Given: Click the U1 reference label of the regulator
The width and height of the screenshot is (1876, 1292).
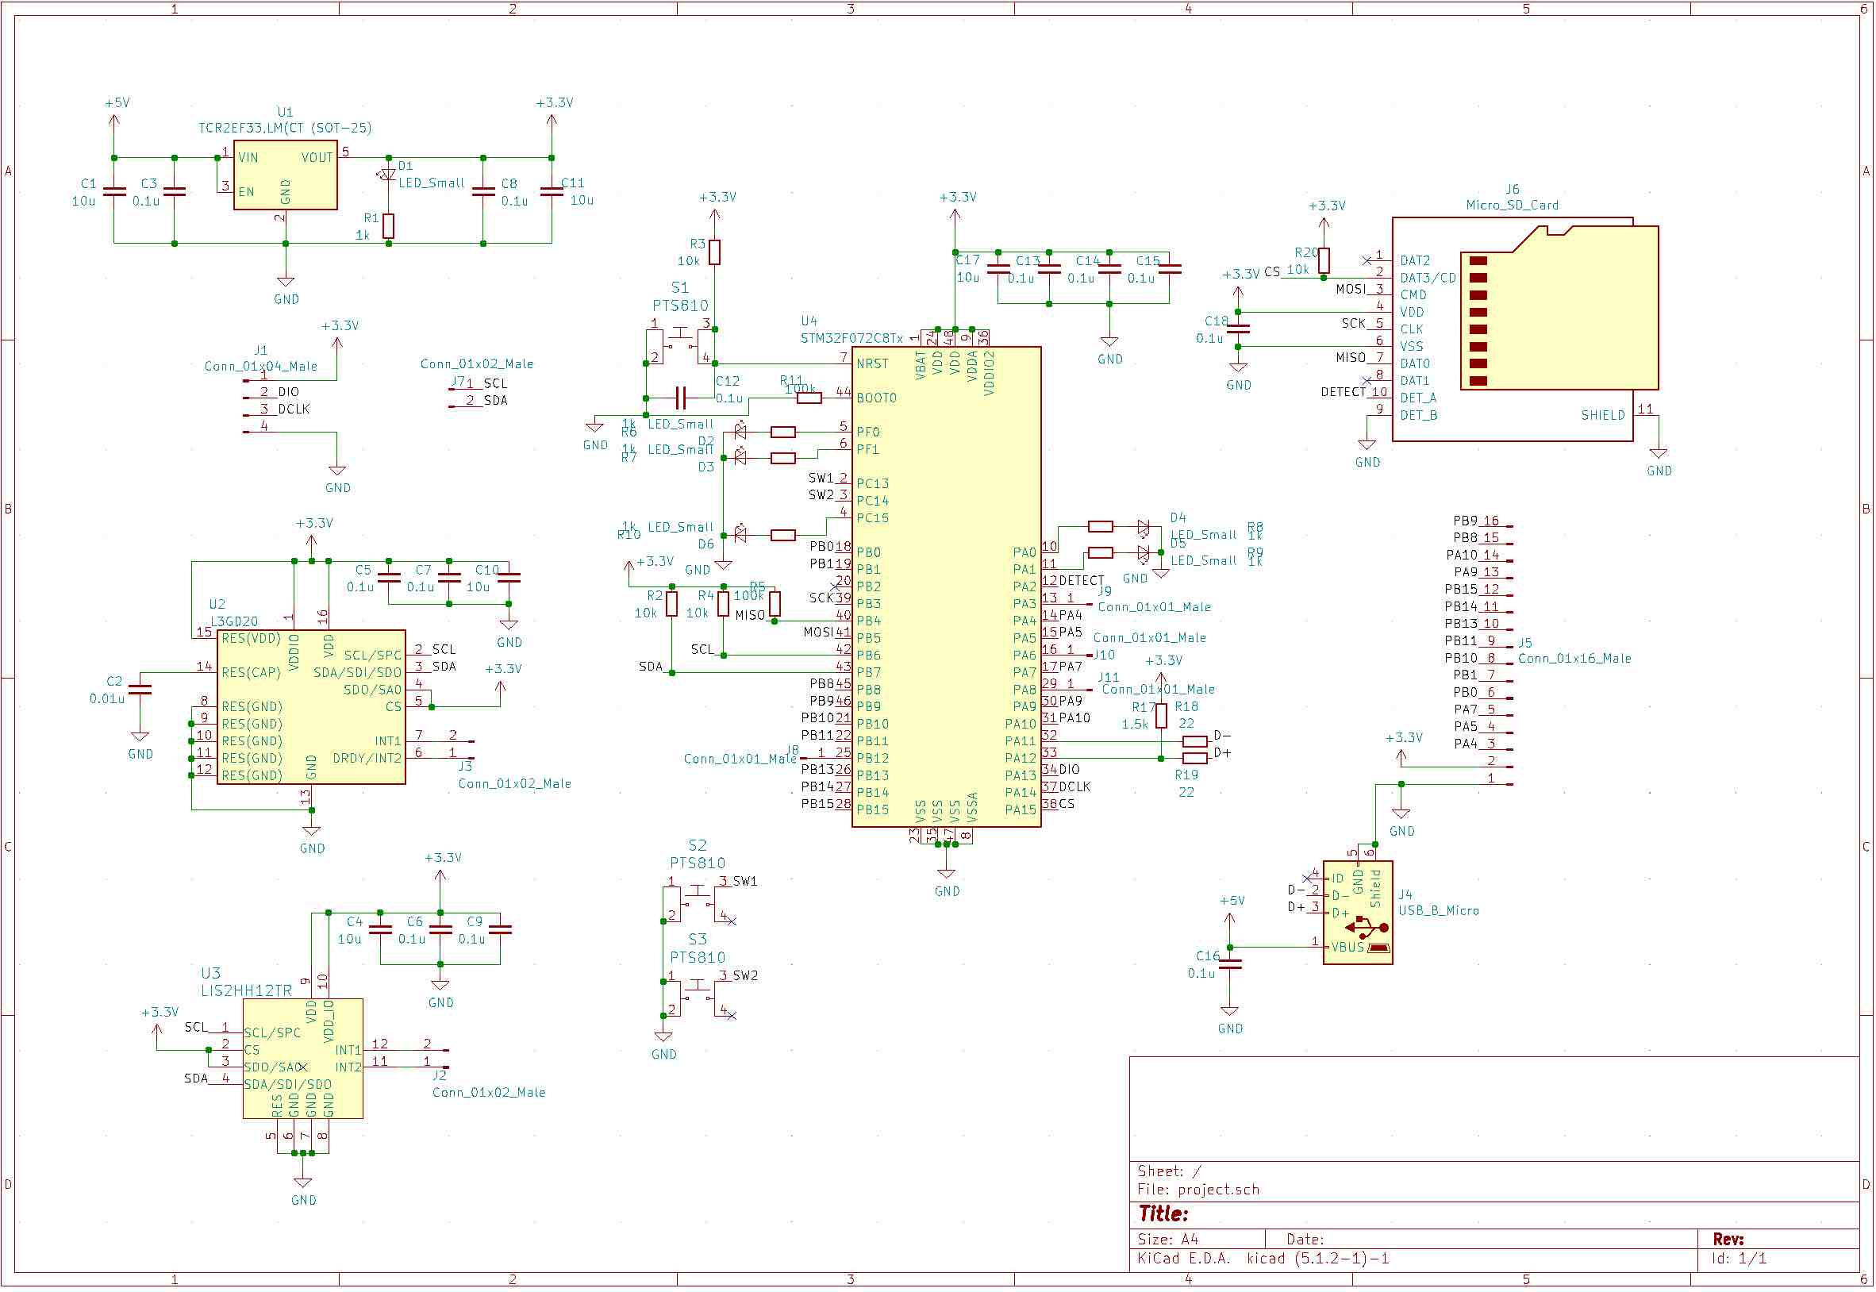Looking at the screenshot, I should pos(285,112).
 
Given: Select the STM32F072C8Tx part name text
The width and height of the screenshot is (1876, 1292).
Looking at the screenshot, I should pos(852,338).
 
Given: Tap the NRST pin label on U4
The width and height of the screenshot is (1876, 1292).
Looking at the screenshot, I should pos(871,364).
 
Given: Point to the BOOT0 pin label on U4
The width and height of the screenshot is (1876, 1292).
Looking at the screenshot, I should pos(876,398).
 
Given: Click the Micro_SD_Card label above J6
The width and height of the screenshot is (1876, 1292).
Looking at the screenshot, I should pos(1512,206).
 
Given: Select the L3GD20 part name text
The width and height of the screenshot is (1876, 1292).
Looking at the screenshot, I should pos(234,621).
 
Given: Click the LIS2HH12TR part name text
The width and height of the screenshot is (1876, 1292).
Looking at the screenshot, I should pos(246,991).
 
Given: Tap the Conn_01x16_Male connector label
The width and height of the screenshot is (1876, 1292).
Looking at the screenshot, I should pos(1574,659).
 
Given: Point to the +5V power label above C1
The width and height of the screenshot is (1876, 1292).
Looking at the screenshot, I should pos(117,103).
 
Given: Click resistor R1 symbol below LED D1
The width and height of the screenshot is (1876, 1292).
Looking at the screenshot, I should pos(389,226).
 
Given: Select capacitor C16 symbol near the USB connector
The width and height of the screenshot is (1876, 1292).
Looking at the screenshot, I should pos(1229,964).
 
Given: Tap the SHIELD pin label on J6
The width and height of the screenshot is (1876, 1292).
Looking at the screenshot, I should pos(1602,416).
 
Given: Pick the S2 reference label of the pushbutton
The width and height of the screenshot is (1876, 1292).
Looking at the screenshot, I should pos(697,846).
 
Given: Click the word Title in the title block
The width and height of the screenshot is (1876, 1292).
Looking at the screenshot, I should pos(1163,1214).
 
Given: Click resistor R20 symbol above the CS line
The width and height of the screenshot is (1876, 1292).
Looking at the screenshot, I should pos(1324,260).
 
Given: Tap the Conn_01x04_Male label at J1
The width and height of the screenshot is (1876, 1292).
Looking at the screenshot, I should pos(260,367).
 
